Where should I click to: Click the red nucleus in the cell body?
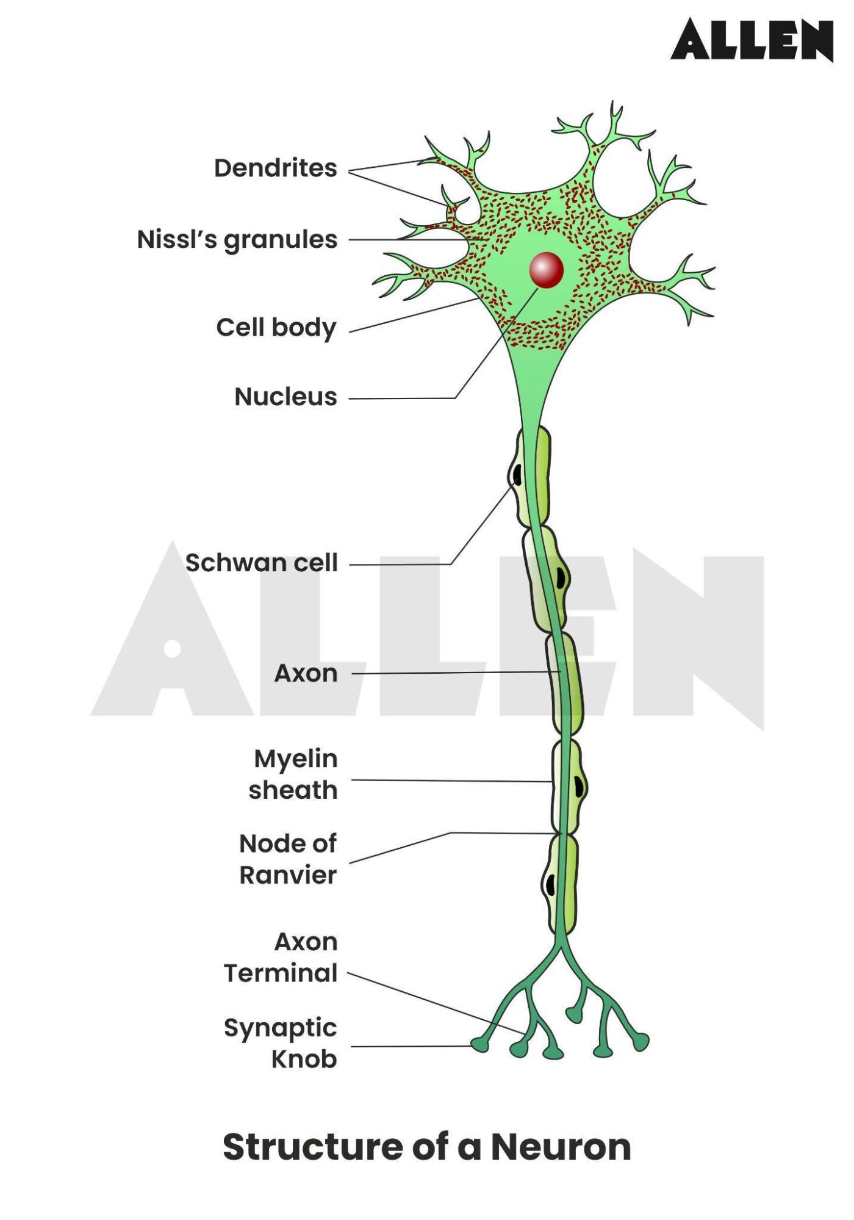(546, 270)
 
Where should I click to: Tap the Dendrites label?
(275, 168)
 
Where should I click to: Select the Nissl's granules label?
(237, 240)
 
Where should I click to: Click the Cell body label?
(276, 328)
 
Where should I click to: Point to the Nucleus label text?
(285, 397)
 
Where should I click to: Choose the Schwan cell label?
(261, 563)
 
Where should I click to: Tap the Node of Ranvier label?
(288, 859)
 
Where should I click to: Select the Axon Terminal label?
(281, 957)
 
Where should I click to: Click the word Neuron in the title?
(561, 1147)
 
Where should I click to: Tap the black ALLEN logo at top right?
(752, 40)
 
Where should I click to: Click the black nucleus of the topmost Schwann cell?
(517, 475)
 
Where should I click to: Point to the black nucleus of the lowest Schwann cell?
(550, 884)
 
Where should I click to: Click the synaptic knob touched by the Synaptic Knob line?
(480, 1045)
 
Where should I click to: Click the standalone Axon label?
(306, 673)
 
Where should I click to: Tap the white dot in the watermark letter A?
(173, 649)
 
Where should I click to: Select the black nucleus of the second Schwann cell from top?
(560, 577)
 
